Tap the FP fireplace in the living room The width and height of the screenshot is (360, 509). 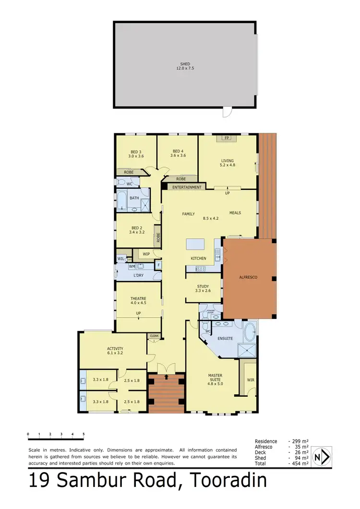point(227,138)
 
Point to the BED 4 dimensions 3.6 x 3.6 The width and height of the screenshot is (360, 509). point(178,155)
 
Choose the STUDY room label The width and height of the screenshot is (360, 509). point(203,286)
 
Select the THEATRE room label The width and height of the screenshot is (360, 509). point(138,298)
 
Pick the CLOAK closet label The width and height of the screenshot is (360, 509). point(154,336)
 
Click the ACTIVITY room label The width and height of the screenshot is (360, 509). point(115,348)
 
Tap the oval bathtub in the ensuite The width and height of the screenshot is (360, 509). point(250,332)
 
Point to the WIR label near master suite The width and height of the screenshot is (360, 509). point(251,380)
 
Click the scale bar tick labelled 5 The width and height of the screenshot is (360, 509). point(84,434)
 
